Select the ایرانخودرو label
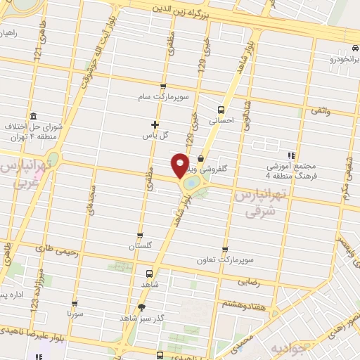tap(333, 60)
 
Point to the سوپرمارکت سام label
tap(164, 98)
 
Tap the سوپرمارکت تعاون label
tap(224, 261)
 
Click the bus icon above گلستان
tap(139, 236)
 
